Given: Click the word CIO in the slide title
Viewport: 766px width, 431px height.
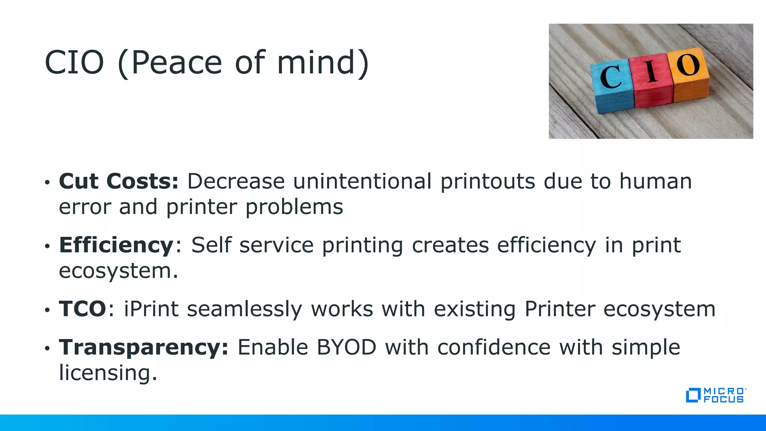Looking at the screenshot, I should click(74, 62).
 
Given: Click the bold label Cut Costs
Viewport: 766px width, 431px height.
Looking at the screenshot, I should click(119, 181).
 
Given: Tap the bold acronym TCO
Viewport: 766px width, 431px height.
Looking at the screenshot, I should click(83, 309).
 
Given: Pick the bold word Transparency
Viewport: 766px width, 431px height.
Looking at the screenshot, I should click(143, 347).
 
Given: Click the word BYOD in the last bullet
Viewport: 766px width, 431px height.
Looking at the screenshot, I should click(346, 347).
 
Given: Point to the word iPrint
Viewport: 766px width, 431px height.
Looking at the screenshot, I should click(151, 309).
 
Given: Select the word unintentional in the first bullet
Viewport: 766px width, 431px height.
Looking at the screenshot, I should click(362, 181).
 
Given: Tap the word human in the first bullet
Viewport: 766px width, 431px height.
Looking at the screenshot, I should click(655, 181).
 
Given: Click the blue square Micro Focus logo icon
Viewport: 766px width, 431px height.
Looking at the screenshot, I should click(693, 395).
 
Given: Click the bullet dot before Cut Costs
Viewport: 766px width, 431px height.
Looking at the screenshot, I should click(47, 183).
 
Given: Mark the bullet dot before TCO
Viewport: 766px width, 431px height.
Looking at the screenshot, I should click(47, 310).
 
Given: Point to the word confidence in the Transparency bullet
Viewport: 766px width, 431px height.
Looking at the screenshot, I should click(494, 347).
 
